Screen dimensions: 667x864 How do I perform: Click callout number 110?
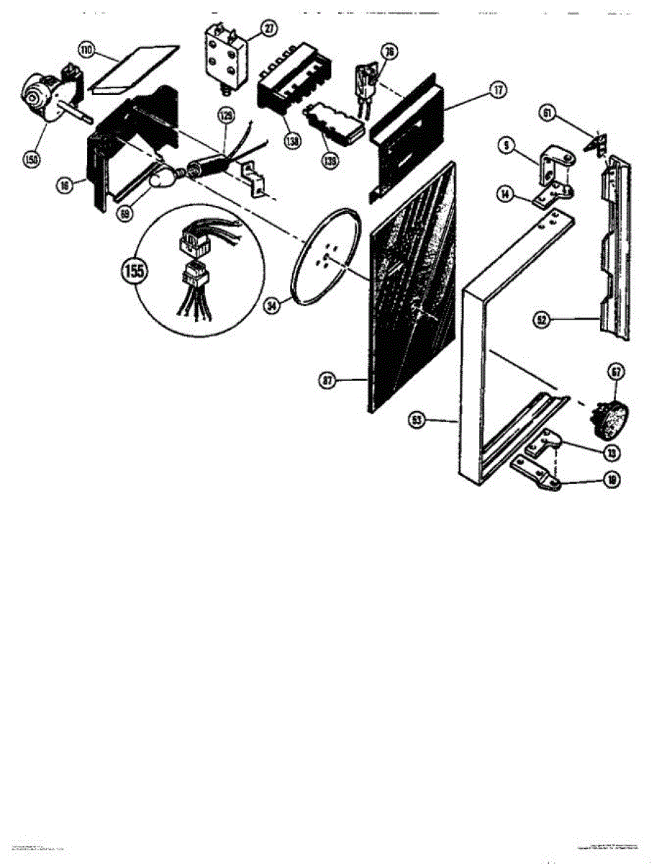(86, 50)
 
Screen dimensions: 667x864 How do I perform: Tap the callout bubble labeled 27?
(268, 29)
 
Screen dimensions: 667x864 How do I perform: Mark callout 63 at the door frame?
(415, 420)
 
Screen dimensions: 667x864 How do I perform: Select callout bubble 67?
(616, 372)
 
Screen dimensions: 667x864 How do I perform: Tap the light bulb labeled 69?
(163, 176)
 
